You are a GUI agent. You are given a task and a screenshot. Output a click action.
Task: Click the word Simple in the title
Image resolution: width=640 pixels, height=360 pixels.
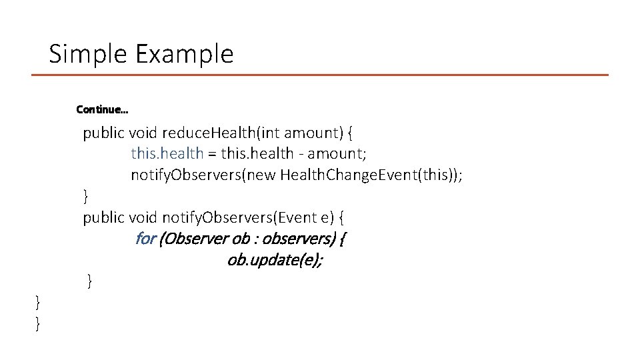(89, 54)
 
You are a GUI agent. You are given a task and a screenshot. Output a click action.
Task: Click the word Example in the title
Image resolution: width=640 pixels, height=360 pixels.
(185, 54)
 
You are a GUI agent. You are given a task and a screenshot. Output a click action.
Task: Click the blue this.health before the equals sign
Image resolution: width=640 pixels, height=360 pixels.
(167, 153)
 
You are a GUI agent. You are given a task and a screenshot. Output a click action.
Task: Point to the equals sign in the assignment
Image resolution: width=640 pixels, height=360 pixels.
(212, 154)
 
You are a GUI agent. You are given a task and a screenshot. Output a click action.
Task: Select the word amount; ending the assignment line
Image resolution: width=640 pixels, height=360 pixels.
(336, 154)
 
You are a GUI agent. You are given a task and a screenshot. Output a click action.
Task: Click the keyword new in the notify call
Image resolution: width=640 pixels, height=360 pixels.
(263, 175)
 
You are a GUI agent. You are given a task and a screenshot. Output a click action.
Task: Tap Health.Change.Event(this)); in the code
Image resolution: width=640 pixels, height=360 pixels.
(371, 175)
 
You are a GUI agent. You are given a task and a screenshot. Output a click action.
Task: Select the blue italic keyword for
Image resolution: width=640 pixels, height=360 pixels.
(145, 239)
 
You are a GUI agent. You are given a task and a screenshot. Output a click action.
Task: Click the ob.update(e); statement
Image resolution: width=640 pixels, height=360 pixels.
(275, 260)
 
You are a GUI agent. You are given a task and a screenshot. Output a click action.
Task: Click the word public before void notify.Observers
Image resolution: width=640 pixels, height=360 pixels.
(103, 217)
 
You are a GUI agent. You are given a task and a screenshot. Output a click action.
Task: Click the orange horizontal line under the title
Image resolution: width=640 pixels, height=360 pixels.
(320, 75)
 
